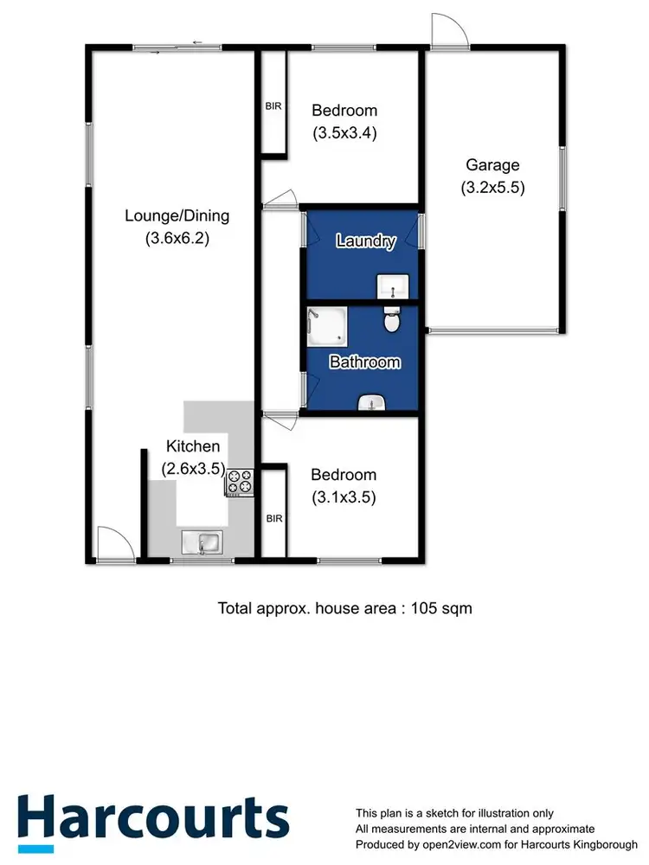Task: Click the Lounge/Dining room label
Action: (x=177, y=215)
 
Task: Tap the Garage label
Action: (x=492, y=164)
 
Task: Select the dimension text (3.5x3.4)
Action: (x=344, y=133)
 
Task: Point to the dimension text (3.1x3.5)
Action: (x=344, y=497)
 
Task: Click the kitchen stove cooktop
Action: (x=239, y=482)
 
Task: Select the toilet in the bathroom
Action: (x=391, y=321)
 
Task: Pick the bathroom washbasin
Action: (x=373, y=402)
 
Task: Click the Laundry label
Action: (x=366, y=241)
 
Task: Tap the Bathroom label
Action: (x=364, y=362)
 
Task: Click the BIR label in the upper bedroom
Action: (x=273, y=107)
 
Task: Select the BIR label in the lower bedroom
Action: (x=273, y=519)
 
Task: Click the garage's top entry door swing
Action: (x=450, y=31)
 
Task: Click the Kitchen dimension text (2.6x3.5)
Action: (x=193, y=469)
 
